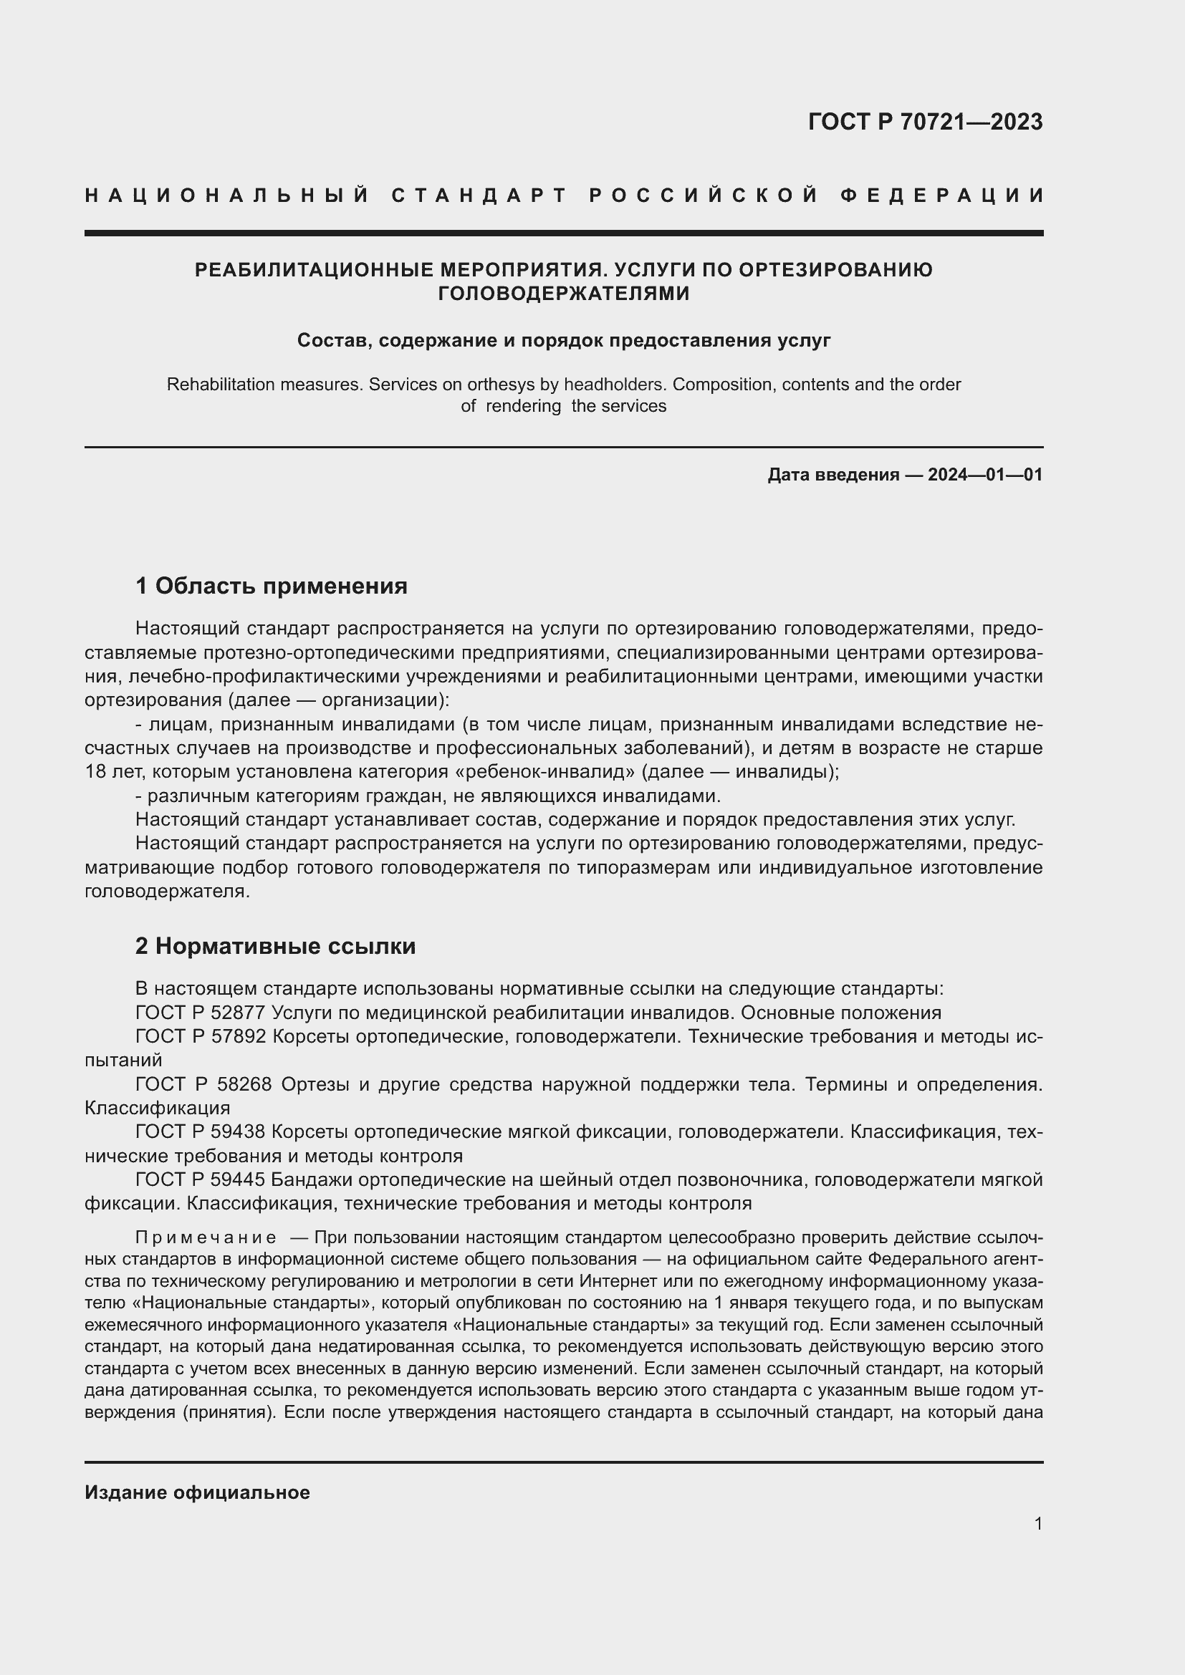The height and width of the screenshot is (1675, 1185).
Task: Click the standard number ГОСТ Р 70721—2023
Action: (925, 122)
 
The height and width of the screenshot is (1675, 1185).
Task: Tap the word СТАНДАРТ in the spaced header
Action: (479, 196)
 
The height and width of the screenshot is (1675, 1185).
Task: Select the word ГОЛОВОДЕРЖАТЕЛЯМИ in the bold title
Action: (563, 294)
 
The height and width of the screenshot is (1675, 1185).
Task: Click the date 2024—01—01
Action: (985, 475)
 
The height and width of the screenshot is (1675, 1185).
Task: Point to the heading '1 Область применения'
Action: (272, 586)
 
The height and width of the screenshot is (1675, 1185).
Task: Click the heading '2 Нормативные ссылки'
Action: (275, 946)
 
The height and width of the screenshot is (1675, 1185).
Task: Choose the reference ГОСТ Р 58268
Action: (203, 1084)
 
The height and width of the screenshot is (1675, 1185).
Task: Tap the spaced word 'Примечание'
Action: (206, 1238)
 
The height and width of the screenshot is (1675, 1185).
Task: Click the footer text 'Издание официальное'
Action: (197, 1492)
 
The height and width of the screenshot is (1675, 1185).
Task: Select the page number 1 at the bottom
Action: (1038, 1524)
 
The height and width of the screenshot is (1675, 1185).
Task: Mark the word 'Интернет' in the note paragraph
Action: (614, 1282)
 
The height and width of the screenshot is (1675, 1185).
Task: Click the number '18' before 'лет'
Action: (95, 772)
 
